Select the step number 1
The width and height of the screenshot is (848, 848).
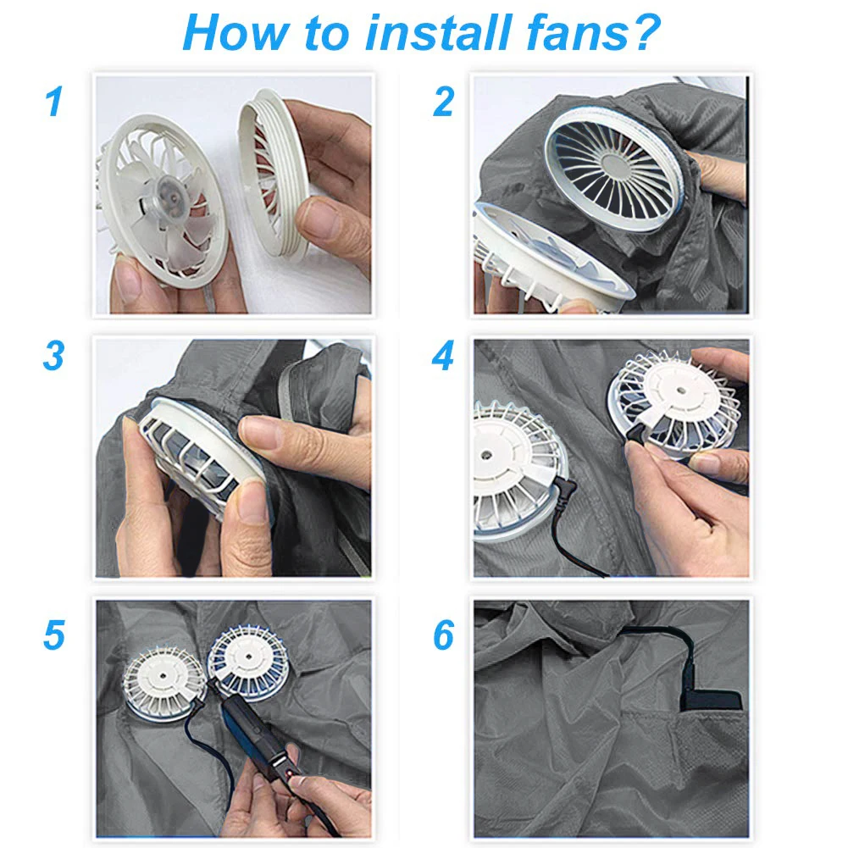pos(54,102)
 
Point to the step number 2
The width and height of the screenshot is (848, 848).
pos(443,102)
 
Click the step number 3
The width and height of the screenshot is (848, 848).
pos(53,356)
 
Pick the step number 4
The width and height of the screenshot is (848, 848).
pos(443,356)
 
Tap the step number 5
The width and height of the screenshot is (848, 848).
pos(54,635)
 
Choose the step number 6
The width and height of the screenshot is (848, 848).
pos(443,635)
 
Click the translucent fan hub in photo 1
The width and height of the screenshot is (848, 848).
pos(171,198)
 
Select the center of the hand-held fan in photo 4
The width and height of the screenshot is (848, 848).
pos(681,391)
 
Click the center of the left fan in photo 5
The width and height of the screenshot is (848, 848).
pos(164,677)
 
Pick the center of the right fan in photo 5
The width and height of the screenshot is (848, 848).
pos(248,657)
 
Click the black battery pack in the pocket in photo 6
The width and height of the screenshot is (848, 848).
pos(711,701)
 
